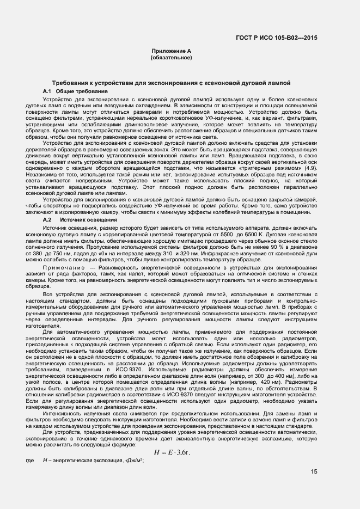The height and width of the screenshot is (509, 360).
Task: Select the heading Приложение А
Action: click(172, 51)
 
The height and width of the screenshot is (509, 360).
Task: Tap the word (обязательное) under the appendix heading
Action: click(172, 57)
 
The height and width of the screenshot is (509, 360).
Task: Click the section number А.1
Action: click(47, 91)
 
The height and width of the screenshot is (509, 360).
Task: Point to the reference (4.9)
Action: click(310, 169)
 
